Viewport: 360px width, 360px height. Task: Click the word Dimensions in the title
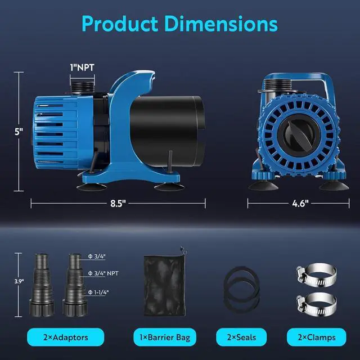click(x=221, y=24)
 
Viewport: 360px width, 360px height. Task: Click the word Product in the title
click(x=120, y=24)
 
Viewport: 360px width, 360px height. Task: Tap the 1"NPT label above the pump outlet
click(x=82, y=67)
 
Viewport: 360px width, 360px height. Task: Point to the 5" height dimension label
click(x=19, y=132)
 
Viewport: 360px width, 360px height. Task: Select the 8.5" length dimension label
click(x=118, y=204)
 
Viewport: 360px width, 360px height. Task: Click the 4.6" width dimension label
click(x=300, y=204)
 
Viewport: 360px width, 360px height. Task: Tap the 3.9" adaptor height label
click(x=19, y=281)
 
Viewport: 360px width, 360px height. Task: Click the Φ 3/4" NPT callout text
click(x=103, y=273)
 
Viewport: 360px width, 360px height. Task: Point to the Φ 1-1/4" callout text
click(x=98, y=292)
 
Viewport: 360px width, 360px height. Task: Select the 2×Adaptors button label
click(x=66, y=337)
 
